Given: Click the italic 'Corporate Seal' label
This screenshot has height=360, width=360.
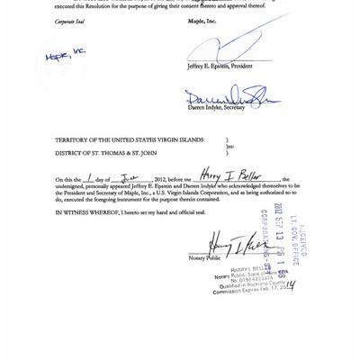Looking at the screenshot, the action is [x=69, y=22].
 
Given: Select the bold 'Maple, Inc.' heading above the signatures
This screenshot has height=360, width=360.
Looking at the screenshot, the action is [x=202, y=21].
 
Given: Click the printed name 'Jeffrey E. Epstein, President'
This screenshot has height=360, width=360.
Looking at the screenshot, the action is [x=220, y=66].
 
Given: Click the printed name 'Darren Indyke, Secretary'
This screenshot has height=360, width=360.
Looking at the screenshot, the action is [x=216, y=108].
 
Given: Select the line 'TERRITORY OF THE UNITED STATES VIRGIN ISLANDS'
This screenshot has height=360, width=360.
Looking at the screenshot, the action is [x=129, y=140].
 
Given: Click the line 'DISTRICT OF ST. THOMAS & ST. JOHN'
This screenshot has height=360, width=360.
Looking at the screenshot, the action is [x=109, y=153].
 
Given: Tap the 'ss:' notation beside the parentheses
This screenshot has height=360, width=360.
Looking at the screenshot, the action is [x=229, y=147].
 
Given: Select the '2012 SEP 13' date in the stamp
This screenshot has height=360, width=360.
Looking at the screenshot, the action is [x=279, y=223].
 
